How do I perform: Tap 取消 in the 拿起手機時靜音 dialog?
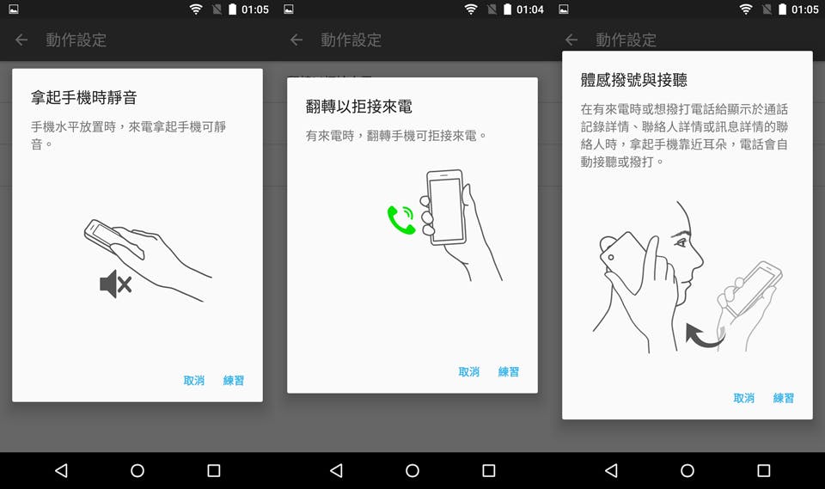tap(193, 380)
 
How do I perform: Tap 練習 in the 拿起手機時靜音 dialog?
tap(234, 380)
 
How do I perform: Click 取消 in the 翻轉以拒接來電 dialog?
tap(469, 371)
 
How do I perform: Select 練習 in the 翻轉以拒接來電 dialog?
tap(509, 371)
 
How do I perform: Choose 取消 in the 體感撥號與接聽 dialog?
tap(744, 398)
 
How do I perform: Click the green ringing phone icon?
tap(401, 219)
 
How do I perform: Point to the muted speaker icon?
tap(116, 284)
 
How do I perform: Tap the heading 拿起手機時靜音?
tap(83, 97)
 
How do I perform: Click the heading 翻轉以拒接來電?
tap(359, 107)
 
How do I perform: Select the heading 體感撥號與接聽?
tap(634, 80)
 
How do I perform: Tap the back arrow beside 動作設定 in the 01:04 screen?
tap(296, 40)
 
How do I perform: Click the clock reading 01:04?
tap(530, 9)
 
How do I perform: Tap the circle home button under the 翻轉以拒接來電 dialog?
tap(412, 470)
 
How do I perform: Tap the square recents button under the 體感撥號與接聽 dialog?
tap(763, 470)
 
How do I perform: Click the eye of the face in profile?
tap(681, 242)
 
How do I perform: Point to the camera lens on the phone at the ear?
tap(611, 258)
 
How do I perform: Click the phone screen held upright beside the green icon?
tap(446, 209)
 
